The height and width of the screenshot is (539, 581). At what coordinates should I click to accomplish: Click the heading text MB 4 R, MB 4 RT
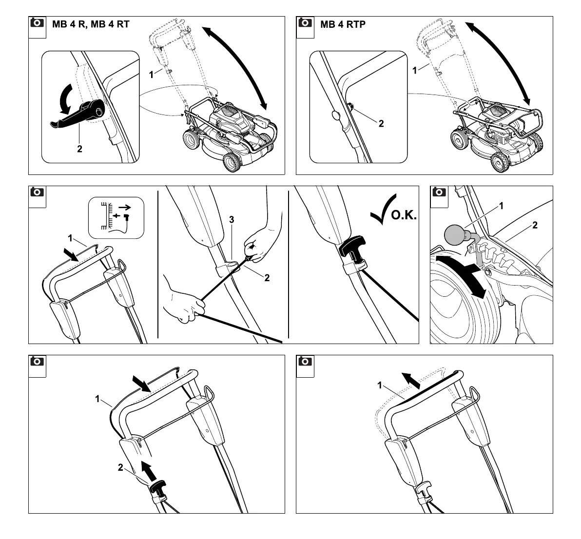click(91, 24)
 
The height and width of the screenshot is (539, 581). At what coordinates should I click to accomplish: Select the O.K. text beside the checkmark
click(404, 216)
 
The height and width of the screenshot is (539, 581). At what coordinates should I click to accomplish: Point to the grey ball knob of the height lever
click(455, 235)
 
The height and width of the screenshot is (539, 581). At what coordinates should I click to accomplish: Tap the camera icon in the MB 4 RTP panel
click(305, 22)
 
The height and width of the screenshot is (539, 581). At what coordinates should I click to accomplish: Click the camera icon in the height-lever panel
click(439, 192)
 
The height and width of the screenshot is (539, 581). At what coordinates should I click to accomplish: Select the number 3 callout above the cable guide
click(232, 220)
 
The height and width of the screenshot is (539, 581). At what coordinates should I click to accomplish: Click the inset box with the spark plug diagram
click(116, 217)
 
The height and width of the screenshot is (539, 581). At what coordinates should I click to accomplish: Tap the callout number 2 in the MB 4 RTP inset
click(381, 124)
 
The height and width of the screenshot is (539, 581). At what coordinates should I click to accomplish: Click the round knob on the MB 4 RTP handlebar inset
click(335, 116)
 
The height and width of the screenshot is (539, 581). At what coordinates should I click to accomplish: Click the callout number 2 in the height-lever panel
click(535, 225)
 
